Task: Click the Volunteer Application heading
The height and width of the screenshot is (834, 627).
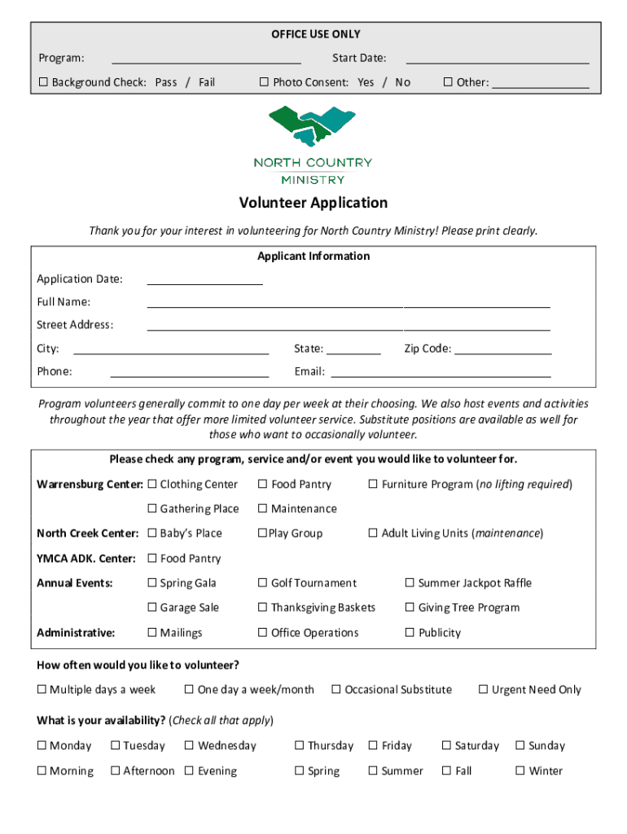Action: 313,203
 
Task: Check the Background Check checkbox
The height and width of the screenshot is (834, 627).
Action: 44,82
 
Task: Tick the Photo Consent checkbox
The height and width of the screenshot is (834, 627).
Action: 264,82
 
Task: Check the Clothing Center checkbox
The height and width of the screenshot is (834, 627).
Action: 152,485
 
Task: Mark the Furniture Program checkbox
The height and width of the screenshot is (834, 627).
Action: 374,485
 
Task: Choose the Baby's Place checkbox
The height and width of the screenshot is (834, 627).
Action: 152,533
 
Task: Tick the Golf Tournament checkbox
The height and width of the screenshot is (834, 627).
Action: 263,583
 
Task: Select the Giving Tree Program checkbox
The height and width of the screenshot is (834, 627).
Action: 410,608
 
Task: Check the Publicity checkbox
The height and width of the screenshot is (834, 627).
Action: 410,633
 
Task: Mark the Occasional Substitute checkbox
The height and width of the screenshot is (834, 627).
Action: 336,690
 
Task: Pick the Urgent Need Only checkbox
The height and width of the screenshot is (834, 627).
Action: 484,690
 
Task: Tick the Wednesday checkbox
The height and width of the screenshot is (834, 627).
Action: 190,746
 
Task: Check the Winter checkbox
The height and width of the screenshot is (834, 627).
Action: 520,771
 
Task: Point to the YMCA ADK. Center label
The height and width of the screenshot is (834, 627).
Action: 86,559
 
